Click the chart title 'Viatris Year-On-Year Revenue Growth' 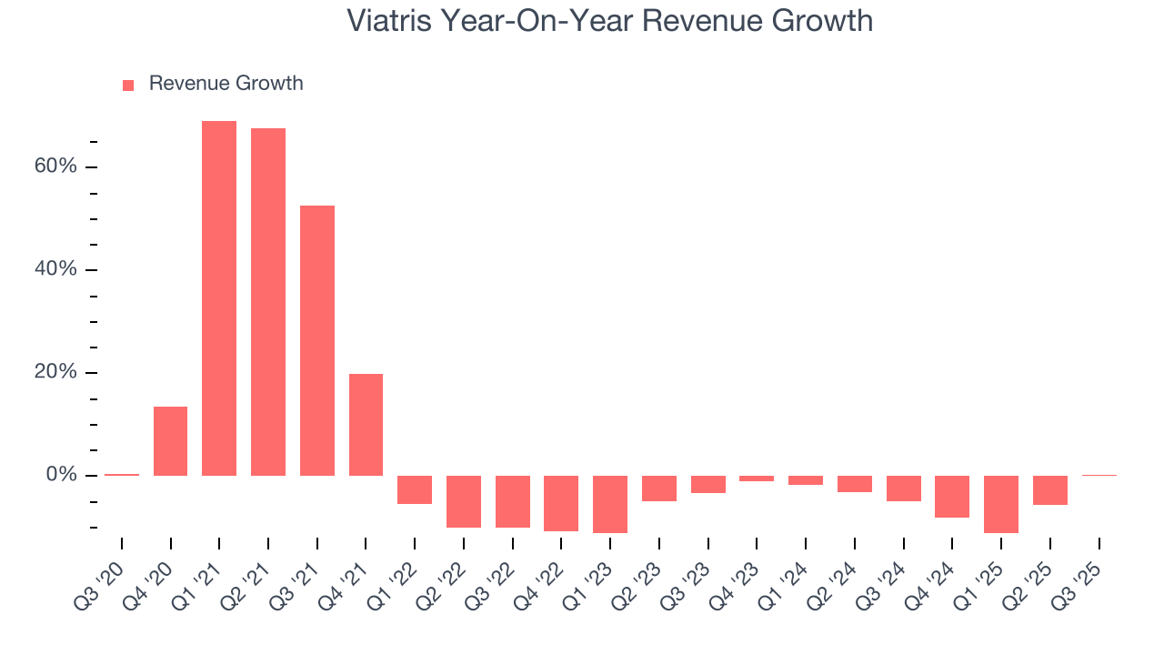(x=609, y=20)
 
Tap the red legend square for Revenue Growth (x=128, y=85)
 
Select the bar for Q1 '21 (x=219, y=298)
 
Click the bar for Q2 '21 (x=268, y=302)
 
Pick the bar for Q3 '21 (x=317, y=340)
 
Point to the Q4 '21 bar (x=366, y=425)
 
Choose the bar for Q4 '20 (x=170, y=441)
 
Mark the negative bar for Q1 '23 (x=610, y=504)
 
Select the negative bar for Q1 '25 (x=1001, y=504)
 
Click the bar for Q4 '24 (x=952, y=497)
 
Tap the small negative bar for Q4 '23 (x=757, y=479)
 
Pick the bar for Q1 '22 (x=415, y=489)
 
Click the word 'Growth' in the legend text (x=269, y=84)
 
